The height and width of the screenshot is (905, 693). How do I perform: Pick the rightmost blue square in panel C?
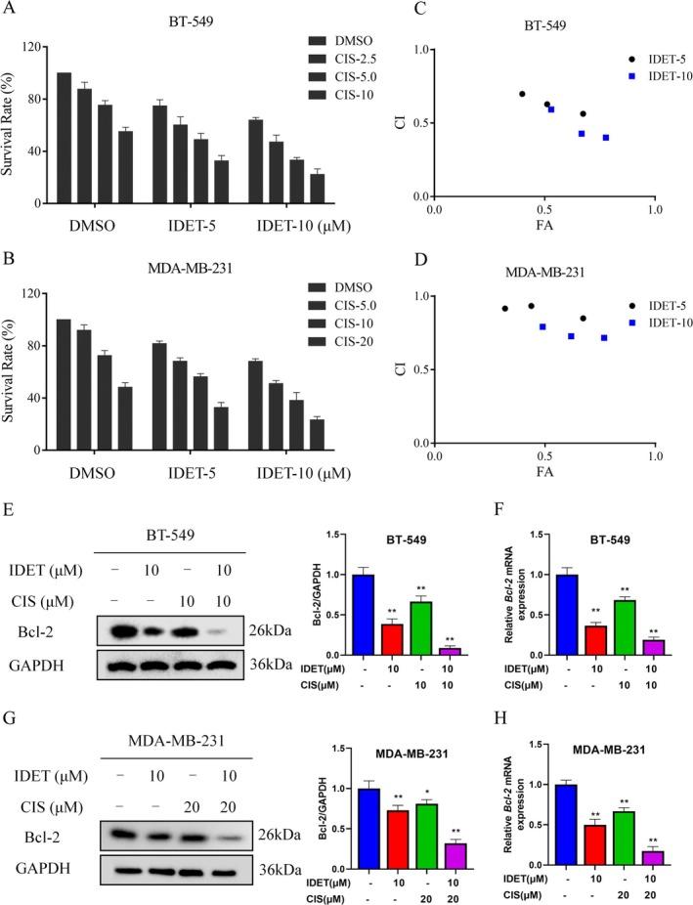(x=606, y=138)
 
